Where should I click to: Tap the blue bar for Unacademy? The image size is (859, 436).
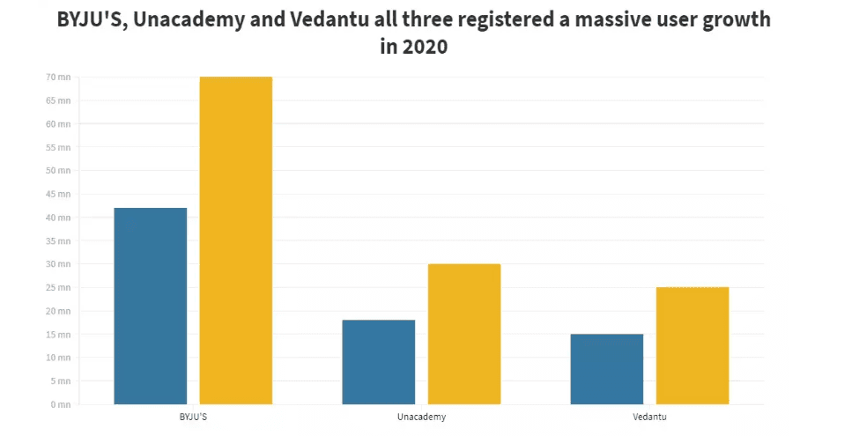[x=379, y=362]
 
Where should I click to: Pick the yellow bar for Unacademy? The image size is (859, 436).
[x=463, y=334]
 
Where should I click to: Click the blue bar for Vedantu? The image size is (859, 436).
[x=607, y=369]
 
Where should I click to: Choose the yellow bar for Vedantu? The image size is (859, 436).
[x=692, y=345]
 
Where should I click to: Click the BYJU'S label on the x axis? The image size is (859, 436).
[x=193, y=416]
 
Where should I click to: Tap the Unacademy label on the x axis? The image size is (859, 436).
[x=421, y=416]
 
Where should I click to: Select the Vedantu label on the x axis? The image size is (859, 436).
[x=649, y=416]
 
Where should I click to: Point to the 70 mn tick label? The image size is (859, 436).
[x=58, y=78]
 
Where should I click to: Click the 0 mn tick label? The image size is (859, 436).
[x=60, y=404]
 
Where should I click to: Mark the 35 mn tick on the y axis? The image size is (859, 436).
[x=58, y=240]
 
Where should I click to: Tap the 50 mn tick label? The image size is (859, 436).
[x=58, y=171]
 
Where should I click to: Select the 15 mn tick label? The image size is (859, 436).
[x=58, y=335]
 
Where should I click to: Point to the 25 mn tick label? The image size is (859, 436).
[x=58, y=288]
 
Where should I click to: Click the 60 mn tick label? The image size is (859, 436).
[x=58, y=124]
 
